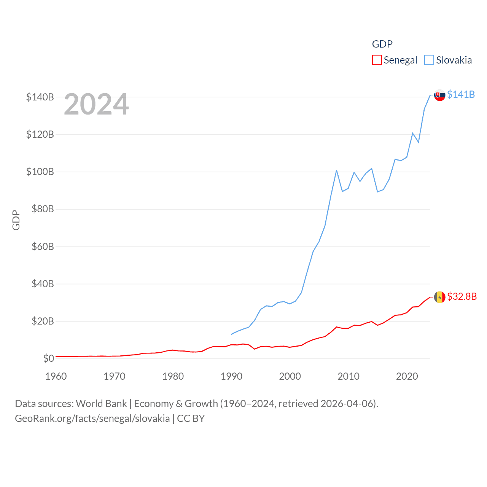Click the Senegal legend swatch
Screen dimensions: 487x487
click(377, 60)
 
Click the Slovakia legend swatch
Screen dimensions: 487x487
click(429, 60)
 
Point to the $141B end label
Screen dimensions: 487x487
click(461, 94)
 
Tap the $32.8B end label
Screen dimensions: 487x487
click(462, 296)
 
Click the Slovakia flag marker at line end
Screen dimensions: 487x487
click(440, 95)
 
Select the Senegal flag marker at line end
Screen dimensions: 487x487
click(440, 297)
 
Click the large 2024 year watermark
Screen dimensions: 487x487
click(96, 104)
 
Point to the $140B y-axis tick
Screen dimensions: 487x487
click(40, 97)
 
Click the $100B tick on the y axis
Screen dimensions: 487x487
click(40, 172)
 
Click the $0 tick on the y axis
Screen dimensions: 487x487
click(48, 358)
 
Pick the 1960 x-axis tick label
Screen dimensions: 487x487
click(56, 376)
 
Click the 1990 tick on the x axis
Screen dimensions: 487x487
click(231, 376)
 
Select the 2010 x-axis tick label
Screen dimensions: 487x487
click(349, 376)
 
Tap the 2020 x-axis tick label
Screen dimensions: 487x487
click(407, 376)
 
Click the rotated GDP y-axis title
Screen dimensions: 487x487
click(16, 220)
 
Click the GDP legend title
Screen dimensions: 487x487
click(382, 44)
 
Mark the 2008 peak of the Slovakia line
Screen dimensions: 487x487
click(337, 170)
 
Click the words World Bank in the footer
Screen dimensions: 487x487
click(101, 403)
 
